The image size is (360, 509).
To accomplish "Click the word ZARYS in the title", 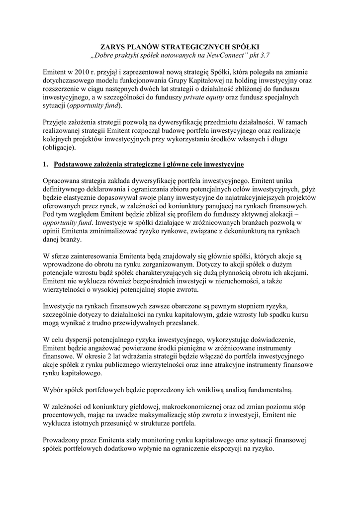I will (x=108, y=46).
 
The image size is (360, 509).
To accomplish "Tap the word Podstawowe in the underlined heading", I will (x=75, y=164).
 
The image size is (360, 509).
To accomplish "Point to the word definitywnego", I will (x=67, y=189).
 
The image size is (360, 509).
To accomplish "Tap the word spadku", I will (x=288, y=314).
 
